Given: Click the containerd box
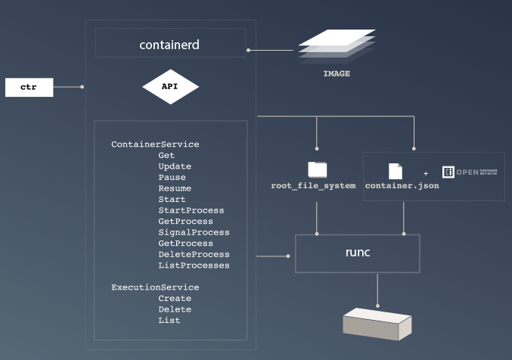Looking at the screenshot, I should [x=170, y=43].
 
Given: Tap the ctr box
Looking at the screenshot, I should [x=29, y=88].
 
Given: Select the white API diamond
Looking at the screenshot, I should [x=170, y=87].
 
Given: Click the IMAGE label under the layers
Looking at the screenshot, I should [x=337, y=73].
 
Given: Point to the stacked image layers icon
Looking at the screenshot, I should [x=337, y=45].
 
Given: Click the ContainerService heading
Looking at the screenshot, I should [x=155, y=144].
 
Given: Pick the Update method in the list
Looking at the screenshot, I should [x=175, y=166].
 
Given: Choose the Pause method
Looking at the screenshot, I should [x=172, y=178].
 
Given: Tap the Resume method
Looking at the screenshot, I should [x=175, y=188].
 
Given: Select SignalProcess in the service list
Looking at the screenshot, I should [x=194, y=232].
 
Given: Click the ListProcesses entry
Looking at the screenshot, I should [x=194, y=265].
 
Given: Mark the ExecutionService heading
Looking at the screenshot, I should [x=155, y=287].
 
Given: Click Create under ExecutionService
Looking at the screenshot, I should [x=175, y=299].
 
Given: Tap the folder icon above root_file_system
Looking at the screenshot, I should [x=317, y=169].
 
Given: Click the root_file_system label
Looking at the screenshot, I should [x=313, y=186].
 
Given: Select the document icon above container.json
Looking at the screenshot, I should [x=396, y=171].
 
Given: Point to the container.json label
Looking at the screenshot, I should [x=402, y=186].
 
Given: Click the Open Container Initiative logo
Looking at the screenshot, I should [x=469, y=172].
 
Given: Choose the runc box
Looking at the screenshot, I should [x=357, y=253].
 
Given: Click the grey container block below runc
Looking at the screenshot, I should [x=377, y=323].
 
